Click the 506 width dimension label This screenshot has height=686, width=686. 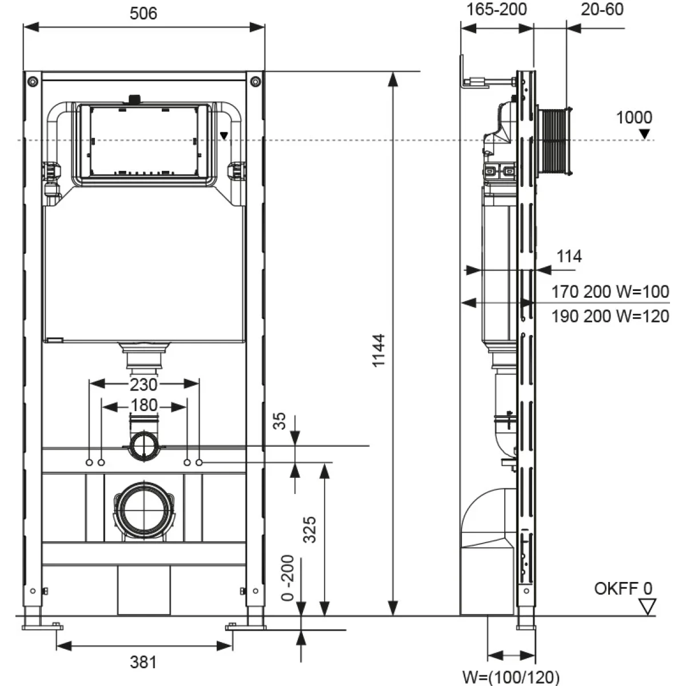[143, 13]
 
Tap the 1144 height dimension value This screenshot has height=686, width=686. [379, 350]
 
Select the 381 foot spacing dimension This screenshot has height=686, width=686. [143, 663]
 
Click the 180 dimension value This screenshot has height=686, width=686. [143, 405]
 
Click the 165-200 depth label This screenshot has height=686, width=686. [496, 9]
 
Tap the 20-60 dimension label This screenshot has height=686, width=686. [602, 9]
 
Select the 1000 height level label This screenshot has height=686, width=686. [634, 118]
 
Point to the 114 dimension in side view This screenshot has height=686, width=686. [569, 257]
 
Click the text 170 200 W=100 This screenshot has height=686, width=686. [610, 292]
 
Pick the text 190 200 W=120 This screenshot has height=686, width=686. [610, 316]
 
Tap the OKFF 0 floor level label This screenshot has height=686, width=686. [623, 589]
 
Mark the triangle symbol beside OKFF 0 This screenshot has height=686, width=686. [647, 607]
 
